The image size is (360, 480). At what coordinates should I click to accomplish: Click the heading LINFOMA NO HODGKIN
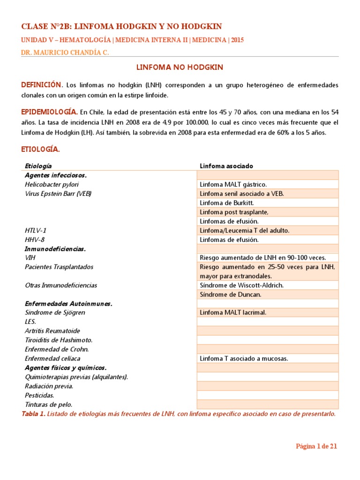click(180, 67)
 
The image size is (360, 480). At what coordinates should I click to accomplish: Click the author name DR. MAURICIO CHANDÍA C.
click(65, 53)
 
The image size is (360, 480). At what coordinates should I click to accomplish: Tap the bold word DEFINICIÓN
click(41, 85)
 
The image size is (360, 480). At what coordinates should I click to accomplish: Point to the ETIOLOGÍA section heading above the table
click(40, 150)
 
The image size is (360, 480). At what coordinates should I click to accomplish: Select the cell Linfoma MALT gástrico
click(233, 185)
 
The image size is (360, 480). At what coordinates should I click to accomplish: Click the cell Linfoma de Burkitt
click(226, 202)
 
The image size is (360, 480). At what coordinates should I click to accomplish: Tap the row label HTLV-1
click(36, 230)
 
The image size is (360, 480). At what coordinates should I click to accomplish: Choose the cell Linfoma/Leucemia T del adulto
click(245, 231)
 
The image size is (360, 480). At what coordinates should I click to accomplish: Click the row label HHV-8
click(35, 240)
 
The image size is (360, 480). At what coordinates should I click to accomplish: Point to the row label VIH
click(30, 258)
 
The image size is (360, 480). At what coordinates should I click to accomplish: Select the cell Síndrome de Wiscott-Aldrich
click(242, 285)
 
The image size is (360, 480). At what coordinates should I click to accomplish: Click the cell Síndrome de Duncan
click(230, 294)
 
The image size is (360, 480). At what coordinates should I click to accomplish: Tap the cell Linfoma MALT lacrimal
click(233, 313)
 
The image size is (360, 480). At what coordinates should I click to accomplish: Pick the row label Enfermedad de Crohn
click(57, 349)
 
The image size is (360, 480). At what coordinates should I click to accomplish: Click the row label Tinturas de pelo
click(49, 405)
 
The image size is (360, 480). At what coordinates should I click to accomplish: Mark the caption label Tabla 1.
click(34, 414)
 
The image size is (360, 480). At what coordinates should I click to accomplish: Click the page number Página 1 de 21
click(316, 446)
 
